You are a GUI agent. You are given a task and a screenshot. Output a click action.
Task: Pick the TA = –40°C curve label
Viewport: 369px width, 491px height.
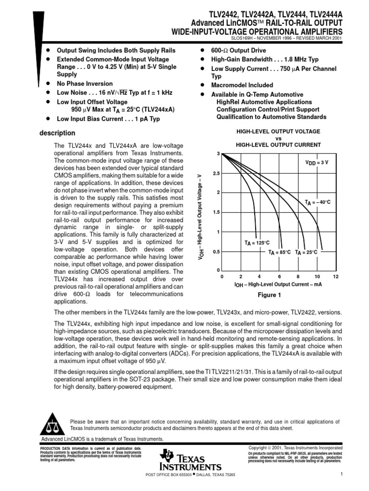318,202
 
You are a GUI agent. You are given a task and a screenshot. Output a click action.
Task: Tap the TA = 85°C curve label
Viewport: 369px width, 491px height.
279,252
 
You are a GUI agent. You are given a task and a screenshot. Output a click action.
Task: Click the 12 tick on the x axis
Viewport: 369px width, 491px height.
336,278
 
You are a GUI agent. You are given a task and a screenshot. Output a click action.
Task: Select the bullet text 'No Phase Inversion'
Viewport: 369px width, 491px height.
85,83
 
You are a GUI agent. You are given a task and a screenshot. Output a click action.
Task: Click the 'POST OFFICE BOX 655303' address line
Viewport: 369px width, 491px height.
163,475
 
